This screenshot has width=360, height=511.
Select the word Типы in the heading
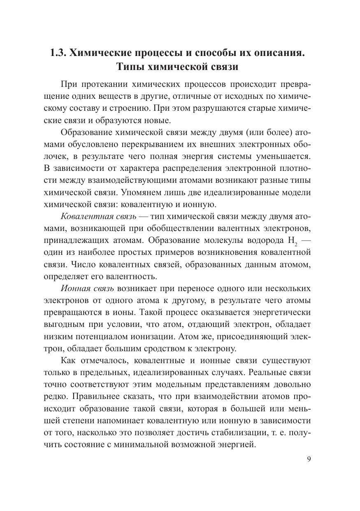(131, 66)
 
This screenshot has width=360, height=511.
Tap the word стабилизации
(243, 432)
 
